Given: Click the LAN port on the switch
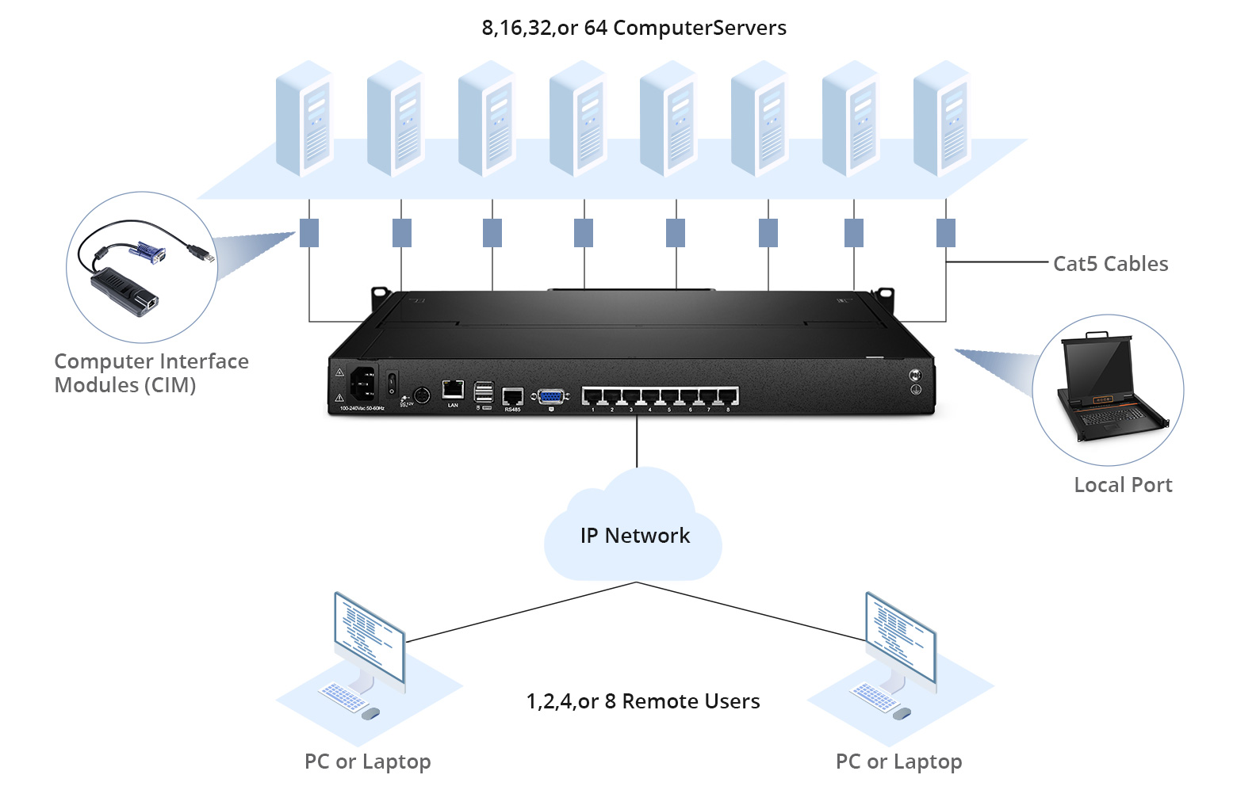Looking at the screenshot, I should tap(453, 389).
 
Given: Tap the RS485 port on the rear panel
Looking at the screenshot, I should tap(512, 396).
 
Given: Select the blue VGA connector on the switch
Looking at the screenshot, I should tap(550, 397).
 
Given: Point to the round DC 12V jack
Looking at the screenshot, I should tap(421, 395).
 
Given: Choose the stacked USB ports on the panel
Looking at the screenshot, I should tap(483, 393).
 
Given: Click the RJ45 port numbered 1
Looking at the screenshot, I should tap(592, 396).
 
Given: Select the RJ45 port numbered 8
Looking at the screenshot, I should tap(728, 396).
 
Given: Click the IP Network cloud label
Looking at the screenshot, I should tap(634, 536).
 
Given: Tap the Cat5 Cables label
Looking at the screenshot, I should tap(1110, 264).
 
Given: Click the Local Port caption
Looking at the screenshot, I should tap(1122, 485).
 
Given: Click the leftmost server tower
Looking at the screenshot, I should tap(304, 119).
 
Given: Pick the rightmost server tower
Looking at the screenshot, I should tap(942, 119).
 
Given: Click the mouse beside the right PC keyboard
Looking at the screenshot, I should tap(902, 714).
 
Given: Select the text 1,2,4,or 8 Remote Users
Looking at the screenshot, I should tap(642, 701).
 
